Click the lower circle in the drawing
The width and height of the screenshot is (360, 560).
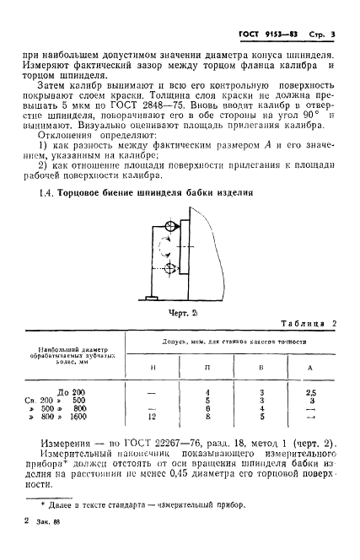(x=172, y=270)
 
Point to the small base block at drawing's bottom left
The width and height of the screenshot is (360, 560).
(x=152, y=298)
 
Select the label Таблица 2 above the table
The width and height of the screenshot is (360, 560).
(x=308, y=325)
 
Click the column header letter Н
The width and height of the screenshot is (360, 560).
(x=152, y=369)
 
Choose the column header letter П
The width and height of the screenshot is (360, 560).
(x=207, y=369)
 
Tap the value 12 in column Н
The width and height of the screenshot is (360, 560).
(x=151, y=416)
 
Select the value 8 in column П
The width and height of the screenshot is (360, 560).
(x=207, y=416)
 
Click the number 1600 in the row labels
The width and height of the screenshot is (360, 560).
(x=79, y=416)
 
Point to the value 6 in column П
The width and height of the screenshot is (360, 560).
(x=207, y=408)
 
